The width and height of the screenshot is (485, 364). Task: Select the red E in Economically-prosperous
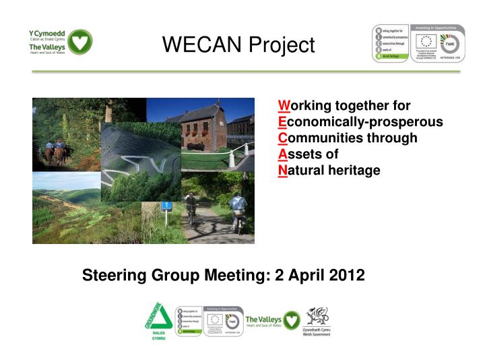click(x=282, y=122)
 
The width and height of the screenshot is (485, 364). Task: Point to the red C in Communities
click(x=283, y=138)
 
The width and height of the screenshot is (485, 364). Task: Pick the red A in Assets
click(x=283, y=154)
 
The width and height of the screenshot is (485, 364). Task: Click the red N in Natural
click(x=283, y=171)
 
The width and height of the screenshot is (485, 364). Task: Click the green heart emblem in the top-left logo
click(x=80, y=42)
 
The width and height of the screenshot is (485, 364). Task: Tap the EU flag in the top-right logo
click(x=425, y=41)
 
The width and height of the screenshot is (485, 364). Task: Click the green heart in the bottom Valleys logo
click(x=290, y=320)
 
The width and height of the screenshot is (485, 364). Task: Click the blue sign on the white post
click(x=168, y=206)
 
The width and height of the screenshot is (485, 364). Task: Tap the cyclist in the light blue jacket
click(x=236, y=208)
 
